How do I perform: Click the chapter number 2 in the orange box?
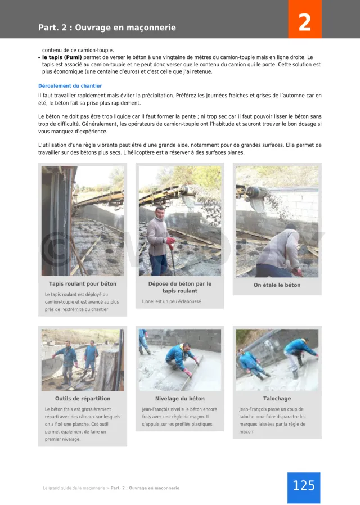(x=304, y=23)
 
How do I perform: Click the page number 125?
(x=304, y=485)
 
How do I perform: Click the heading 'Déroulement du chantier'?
(x=70, y=86)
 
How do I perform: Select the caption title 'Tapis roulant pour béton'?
(x=83, y=284)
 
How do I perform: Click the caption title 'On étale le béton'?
(x=277, y=285)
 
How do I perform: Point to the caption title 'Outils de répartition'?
(x=83, y=399)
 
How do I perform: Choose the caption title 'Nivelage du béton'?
(x=180, y=399)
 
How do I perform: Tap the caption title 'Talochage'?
(x=277, y=399)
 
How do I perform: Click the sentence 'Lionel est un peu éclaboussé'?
(x=172, y=301)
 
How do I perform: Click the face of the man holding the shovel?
(x=159, y=213)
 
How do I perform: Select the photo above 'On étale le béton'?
(x=277, y=221)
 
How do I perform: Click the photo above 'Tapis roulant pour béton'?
(x=83, y=221)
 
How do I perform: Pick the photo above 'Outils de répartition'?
(x=83, y=360)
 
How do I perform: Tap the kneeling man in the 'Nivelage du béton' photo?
(x=182, y=357)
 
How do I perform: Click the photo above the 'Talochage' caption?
(x=277, y=360)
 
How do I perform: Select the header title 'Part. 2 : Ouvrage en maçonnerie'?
(x=107, y=28)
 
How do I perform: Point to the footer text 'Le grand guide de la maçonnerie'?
(x=74, y=488)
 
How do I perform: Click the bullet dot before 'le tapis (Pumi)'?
(x=39, y=58)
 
